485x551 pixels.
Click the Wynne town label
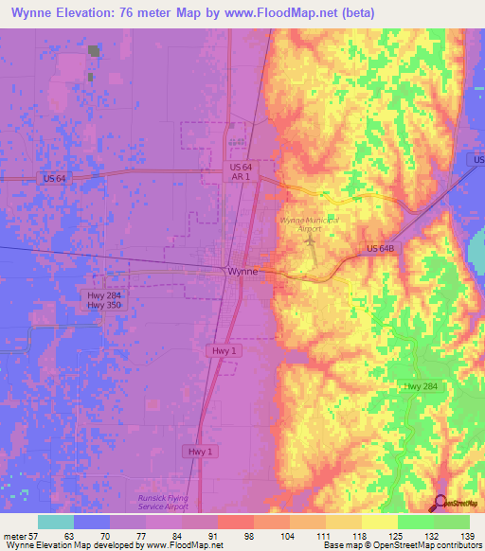click(242, 272)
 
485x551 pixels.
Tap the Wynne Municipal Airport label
click(309, 223)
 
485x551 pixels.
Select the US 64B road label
click(384, 249)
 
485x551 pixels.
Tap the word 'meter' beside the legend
click(17, 535)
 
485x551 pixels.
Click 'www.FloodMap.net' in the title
click(292, 13)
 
